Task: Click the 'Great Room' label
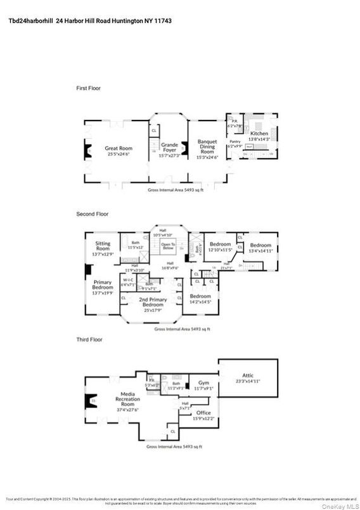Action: (x=118, y=148)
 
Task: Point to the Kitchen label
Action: (x=259, y=134)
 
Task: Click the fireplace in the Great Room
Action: (x=89, y=150)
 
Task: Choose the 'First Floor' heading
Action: (x=88, y=88)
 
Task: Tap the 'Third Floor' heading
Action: (x=89, y=340)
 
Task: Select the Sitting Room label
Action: (x=103, y=246)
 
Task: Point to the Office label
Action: (x=203, y=413)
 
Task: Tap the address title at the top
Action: (x=90, y=21)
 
